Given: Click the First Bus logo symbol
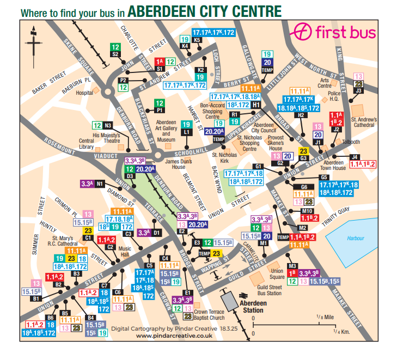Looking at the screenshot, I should tap(303, 32).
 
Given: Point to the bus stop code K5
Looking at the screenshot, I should tap(197, 40).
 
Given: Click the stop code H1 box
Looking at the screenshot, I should tap(256, 105).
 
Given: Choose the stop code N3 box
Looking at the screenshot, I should tap(108, 125).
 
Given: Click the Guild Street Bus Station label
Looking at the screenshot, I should tap(269, 290).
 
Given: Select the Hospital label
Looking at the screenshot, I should tap(84, 93).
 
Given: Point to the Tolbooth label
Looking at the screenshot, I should tap(351, 142).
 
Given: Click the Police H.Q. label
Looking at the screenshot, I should tap(334, 97).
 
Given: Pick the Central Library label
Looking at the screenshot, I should tap(87, 143).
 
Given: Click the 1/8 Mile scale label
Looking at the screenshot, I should tap(326, 317).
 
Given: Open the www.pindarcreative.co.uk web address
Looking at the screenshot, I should tap(174, 336).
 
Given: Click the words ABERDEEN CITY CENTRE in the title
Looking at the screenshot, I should tap(207, 10).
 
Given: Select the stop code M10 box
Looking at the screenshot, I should tap(307, 211).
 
